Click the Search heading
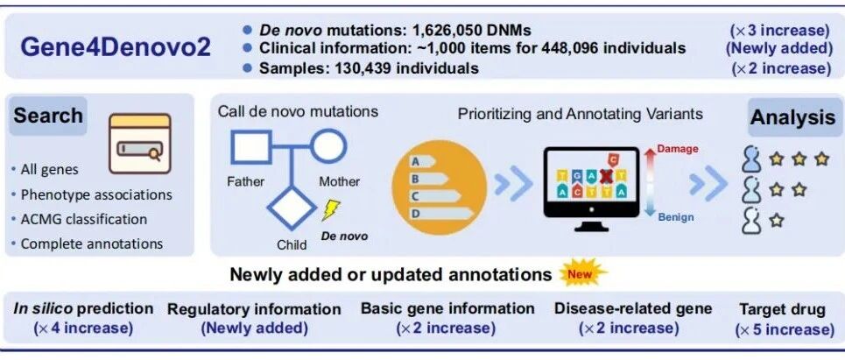click(48, 116)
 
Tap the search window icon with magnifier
click(139, 145)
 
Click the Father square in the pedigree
click(249, 147)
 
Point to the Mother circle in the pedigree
click(328, 146)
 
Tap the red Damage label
click(677, 149)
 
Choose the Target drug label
click(782, 309)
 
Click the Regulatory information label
click(254, 309)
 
